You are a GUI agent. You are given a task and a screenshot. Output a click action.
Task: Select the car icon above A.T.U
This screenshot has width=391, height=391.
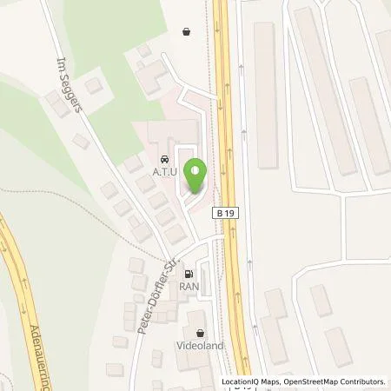[163, 160]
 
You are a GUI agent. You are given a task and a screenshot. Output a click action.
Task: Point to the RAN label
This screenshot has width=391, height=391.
[189, 283]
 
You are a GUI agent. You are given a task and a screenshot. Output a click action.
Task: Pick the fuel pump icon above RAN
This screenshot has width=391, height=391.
[189, 271]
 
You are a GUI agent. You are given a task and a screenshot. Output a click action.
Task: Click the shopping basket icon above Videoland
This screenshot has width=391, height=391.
[202, 332]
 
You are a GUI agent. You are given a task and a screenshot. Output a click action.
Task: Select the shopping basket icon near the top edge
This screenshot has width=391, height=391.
[187, 31]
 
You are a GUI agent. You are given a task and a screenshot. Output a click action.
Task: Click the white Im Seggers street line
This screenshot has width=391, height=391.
[104, 148]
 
